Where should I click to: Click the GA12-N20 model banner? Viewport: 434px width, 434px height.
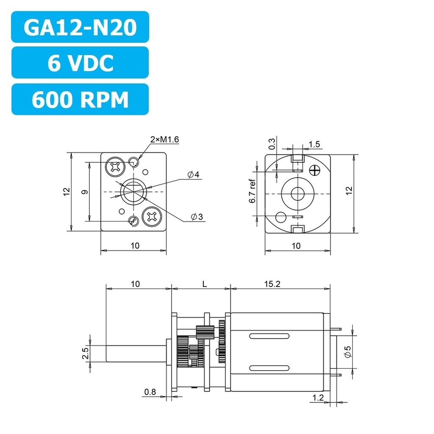pos(80,27)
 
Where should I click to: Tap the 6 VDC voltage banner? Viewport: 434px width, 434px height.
pos(80,63)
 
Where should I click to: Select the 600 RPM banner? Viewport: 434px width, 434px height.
pos(80,99)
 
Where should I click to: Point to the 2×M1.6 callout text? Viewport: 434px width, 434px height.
pos(165,139)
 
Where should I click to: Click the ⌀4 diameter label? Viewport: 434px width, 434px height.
pos(193,175)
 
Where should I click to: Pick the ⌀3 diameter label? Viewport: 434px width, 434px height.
pos(197,217)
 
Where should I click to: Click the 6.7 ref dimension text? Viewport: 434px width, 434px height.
pos(252,191)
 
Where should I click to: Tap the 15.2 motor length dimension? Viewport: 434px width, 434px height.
pos(272,284)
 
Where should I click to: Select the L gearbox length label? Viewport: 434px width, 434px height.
pos(205,284)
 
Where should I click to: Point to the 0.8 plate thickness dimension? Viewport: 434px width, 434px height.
pos(150,392)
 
